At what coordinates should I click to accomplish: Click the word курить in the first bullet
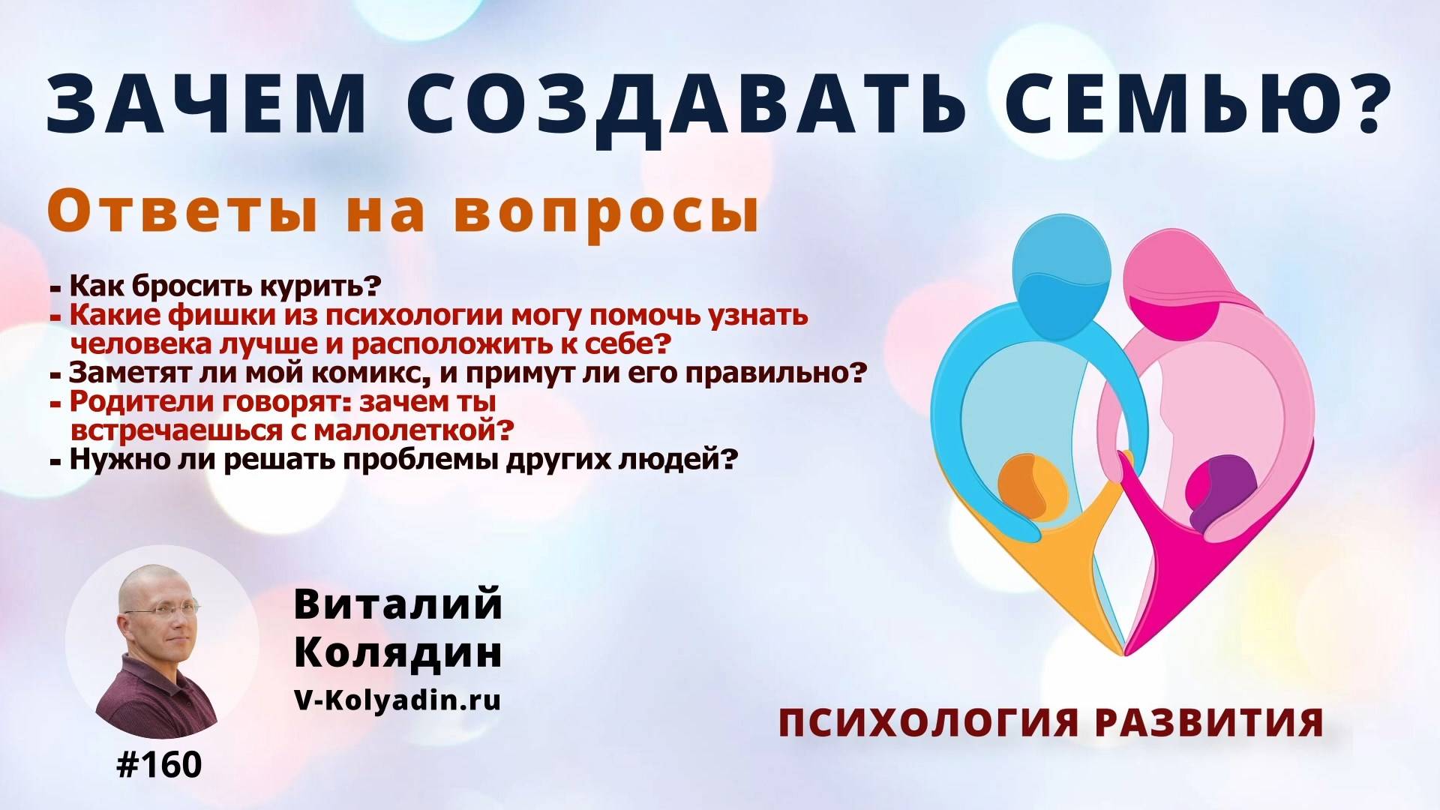click(x=320, y=286)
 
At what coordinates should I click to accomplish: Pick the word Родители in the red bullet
click(x=143, y=402)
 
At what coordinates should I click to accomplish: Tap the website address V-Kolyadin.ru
click(x=397, y=700)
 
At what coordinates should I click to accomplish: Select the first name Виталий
click(x=397, y=604)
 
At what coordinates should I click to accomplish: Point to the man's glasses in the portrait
click(x=162, y=609)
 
